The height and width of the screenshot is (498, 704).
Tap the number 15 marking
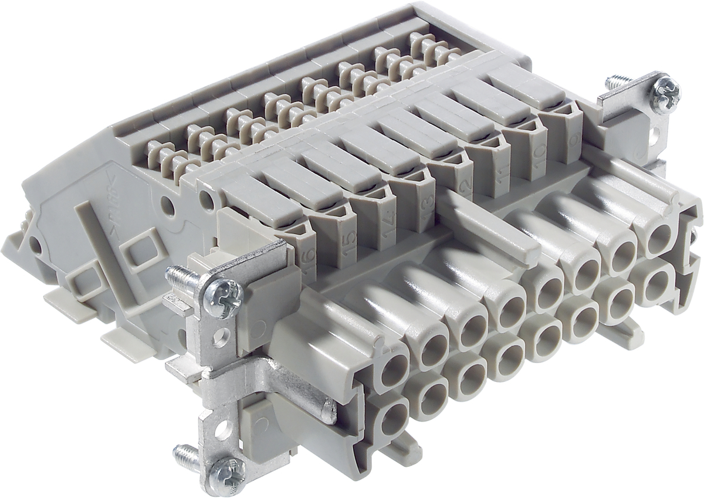tap(347, 240)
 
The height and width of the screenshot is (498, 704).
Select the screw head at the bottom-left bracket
tap(226, 470)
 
